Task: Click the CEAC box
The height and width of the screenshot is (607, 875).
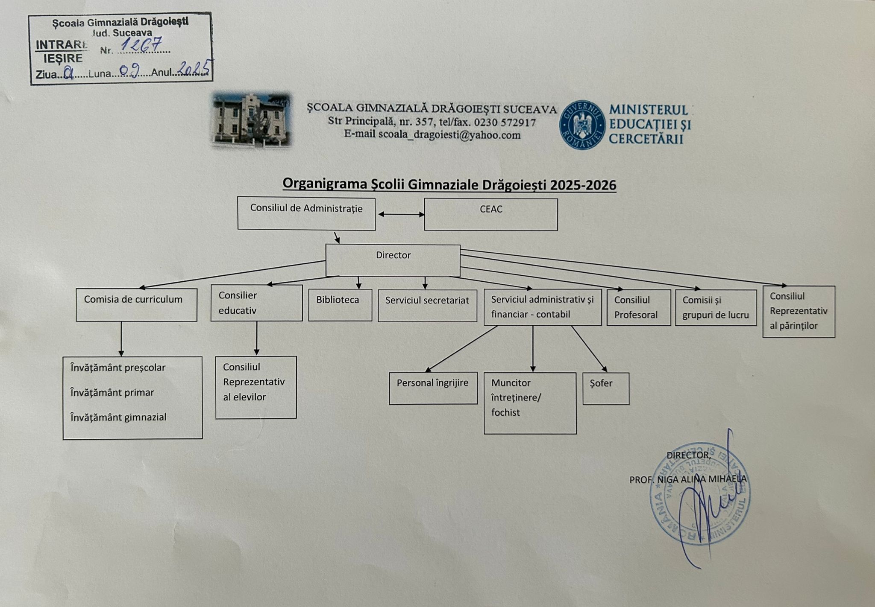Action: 490,214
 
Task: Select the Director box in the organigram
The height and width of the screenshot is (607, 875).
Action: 393,260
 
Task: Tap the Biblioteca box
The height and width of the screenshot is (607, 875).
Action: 340,305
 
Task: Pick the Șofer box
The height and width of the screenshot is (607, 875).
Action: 606,388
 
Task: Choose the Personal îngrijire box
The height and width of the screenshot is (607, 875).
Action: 433,388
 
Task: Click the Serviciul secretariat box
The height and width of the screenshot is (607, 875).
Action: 427,305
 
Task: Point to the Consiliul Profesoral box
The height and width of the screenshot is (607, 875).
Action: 638,307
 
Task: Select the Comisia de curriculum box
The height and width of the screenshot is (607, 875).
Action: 136,305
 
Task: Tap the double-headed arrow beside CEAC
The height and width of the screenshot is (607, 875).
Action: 400,215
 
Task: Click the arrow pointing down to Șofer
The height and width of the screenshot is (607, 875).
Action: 588,348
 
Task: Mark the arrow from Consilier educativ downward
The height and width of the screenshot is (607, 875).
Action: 256,338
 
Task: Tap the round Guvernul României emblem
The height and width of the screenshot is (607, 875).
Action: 582,125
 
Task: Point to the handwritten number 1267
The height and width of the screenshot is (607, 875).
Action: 142,45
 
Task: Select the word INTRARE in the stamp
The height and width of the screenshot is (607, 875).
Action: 61,45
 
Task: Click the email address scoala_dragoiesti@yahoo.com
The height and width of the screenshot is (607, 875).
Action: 449,135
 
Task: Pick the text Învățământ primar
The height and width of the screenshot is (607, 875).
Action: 112,392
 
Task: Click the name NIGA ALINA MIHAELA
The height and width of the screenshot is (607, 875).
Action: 702,479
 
